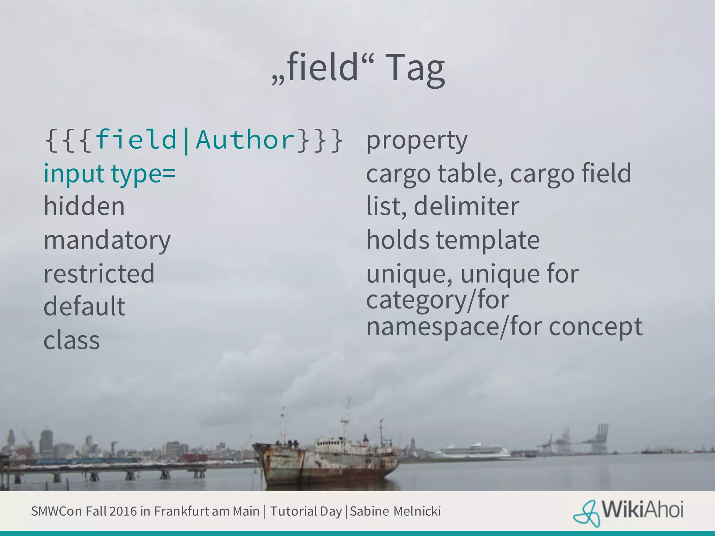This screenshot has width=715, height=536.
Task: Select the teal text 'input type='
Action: [109, 173]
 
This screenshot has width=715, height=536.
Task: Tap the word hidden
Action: [84, 206]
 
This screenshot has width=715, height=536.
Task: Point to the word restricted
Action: [99, 273]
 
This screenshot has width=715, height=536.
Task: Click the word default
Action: [84, 306]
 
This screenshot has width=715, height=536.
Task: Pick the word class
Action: [72, 340]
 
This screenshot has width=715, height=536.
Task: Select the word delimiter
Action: [466, 206]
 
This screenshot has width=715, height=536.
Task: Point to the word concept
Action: [595, 327]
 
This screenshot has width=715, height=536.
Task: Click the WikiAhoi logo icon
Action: [586, 513]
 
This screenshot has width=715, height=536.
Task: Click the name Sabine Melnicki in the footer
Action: [395, 511]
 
